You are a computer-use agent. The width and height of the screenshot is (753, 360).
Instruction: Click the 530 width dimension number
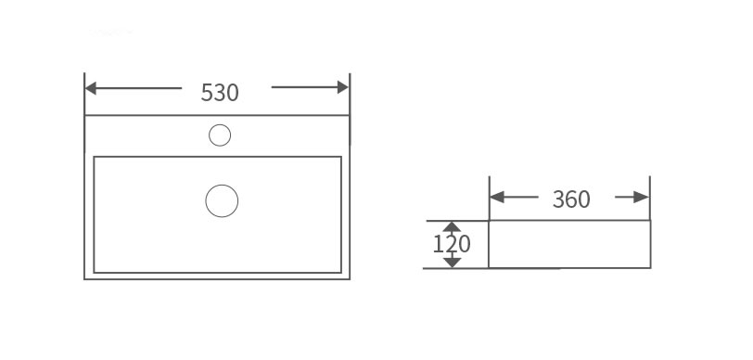(220, 92)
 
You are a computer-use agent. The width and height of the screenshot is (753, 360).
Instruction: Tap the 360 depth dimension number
(571, 199)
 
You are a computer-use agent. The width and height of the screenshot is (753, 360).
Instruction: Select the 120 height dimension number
(452, 244)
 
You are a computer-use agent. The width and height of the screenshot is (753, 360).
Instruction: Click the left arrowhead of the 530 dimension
(91, 88)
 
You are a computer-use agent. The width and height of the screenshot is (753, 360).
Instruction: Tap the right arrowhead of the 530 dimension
(343, 87)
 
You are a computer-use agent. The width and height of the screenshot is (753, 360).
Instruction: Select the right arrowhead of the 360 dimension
(641, 197)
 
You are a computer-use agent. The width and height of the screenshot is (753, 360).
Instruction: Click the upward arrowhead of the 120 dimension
(452, 227)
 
